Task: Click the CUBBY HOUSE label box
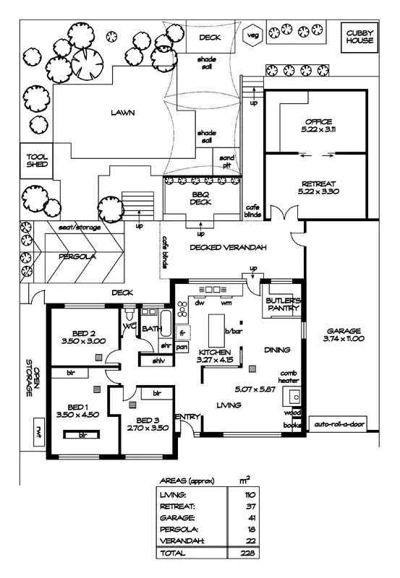click(x=359, y=36)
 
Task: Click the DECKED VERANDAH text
click(x=229, y=248)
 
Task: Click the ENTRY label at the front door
click(x=187, y=416)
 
